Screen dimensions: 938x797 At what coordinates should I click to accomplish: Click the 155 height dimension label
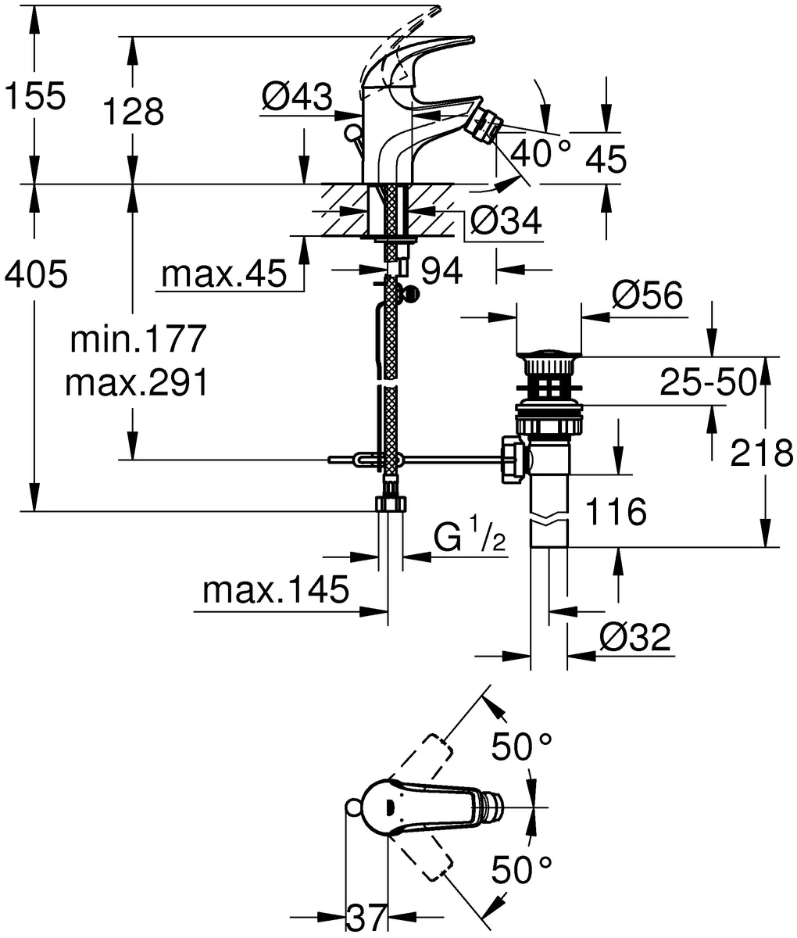tap(34, 98)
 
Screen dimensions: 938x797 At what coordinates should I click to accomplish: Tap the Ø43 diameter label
tap(297, 98)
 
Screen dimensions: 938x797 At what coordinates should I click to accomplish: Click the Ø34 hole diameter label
tap(506, 223)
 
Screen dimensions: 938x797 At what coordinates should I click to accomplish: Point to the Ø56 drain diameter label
tap(647, 295)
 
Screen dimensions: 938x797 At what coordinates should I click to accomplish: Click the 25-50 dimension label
tap(708, 382)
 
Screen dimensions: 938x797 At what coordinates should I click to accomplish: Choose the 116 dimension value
tap(616, 512)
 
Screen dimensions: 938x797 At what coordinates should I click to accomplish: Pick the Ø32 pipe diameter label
tap(634, 639)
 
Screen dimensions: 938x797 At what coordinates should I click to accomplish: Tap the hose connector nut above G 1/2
tap(389, 503)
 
